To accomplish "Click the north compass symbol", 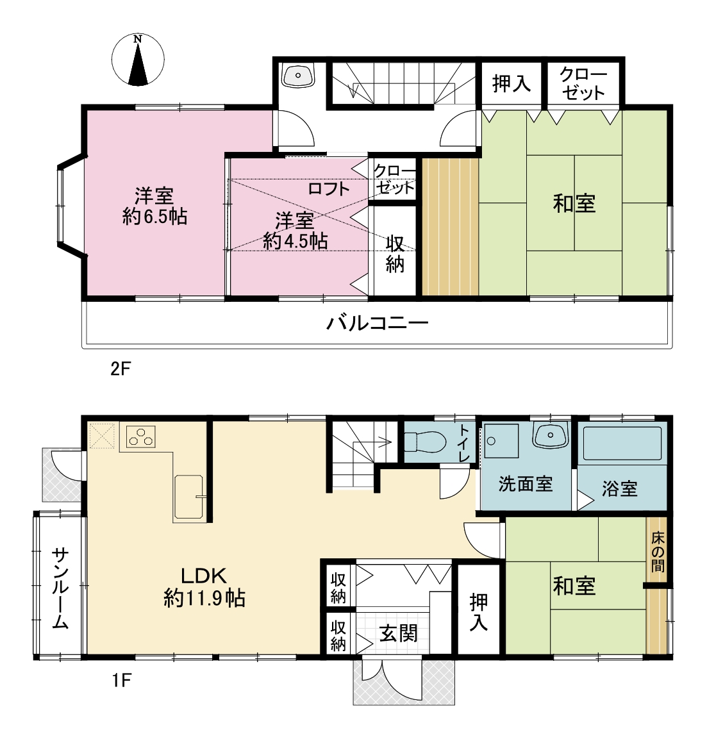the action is click(138, 60).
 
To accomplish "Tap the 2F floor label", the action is click(121, 369).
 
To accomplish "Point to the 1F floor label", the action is click(121, 680).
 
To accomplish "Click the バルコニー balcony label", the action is click(378, 323).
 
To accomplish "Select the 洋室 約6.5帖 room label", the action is click(154, 206).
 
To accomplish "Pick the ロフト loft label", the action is click(329, 189).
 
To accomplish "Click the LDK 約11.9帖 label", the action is click(204, 587).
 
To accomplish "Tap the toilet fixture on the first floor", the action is click(425, 442).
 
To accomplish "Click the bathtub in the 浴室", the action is click(622, 444).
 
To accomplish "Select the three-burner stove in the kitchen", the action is click(141, 436).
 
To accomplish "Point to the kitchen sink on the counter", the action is click(189, 497).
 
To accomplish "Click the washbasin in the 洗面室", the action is click(549, 435).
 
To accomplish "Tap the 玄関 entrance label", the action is click(398, 633).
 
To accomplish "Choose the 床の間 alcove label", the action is click(658, 551).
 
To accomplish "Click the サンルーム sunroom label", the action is click(60, 588).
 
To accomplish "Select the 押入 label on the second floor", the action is click(512, 84).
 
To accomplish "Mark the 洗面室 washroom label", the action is click(526, 484).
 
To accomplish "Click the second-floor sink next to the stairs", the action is click(298, 76).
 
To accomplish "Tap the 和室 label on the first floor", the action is click(574, 586).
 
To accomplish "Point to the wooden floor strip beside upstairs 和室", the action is click(450, 227).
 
